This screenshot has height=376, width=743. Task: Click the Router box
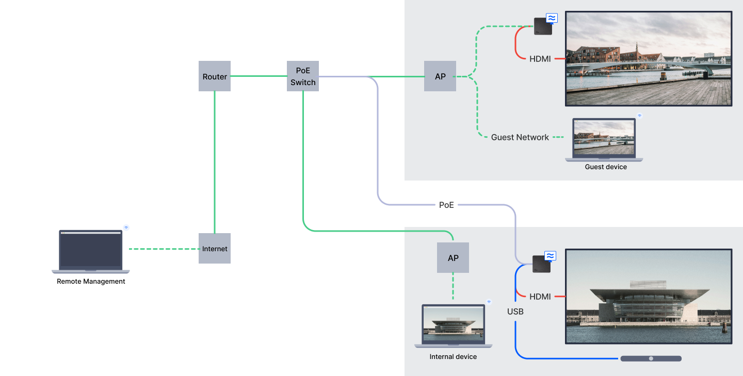(215, 76)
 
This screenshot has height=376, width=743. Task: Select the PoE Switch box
(303, 76)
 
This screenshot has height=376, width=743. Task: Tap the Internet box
(215, 249)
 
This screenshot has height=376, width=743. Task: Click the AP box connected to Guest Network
(440, 76)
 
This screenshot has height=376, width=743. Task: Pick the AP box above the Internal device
(453, 258)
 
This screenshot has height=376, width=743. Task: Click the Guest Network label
(520, 137)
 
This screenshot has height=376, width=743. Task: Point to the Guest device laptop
(604, 140)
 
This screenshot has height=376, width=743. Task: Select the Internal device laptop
(454, 325)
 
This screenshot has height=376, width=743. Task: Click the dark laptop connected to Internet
(91, 251)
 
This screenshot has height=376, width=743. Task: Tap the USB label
(515, 312)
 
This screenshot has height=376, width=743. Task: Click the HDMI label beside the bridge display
(540, 59)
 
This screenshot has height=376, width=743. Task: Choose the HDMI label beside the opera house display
(540, 297)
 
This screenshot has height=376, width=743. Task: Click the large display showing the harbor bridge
(649, 59)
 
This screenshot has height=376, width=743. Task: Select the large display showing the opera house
(649, 297)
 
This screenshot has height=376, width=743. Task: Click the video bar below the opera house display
(651, 358)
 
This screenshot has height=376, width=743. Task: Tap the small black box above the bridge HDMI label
(543, 26)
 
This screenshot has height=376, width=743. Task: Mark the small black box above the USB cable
(541, 264)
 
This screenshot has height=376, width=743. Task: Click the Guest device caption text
(606, 167)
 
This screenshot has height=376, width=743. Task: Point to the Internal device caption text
(453, 357)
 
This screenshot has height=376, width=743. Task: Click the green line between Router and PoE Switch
(259, 76)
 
